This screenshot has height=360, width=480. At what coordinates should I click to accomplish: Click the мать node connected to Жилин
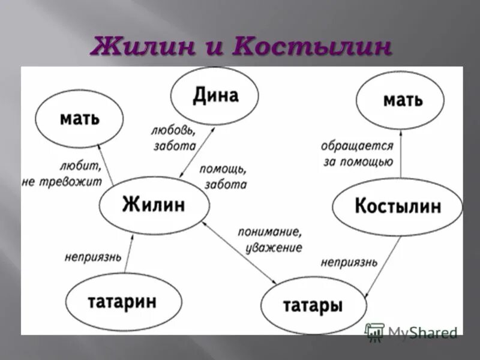(x=79, y=118)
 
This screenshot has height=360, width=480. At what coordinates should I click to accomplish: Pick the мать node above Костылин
(x=400, y=100)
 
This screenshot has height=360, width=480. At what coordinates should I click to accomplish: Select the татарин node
(x=123, y=301)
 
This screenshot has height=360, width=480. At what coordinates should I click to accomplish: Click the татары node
(x=314, y=306)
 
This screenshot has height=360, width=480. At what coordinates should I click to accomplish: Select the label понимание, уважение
(x=270, y=239)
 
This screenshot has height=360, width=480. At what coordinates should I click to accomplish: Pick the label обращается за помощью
(x=357, y=154)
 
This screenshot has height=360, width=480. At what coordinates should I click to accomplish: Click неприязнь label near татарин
(x=93, y=257)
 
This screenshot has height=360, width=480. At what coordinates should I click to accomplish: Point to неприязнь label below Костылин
(x=349, y=262)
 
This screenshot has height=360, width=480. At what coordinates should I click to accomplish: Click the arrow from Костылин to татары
(x=385, y=263)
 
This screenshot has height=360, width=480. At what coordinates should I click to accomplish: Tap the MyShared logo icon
(x=375, y=332)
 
